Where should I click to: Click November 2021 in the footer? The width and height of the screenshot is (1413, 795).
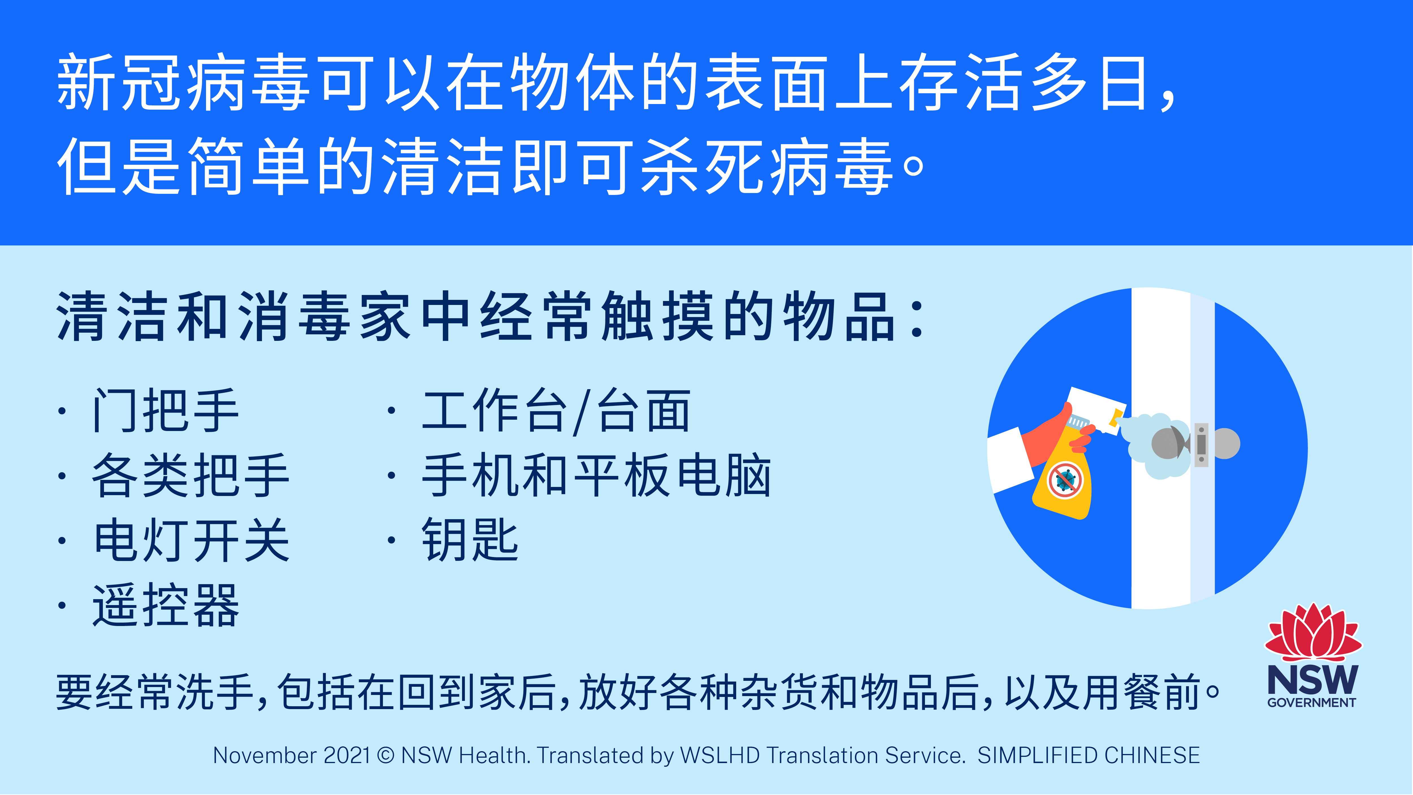pyautogui.click(x=292, y=755)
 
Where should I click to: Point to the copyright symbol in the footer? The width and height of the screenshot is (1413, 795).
pyautogui.click(x=386, y=755)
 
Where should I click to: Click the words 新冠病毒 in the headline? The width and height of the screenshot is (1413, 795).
pyautogui.click(x=184, y=82)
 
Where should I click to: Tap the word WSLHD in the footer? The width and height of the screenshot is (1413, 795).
pyautogui.click(x=720, y=755)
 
